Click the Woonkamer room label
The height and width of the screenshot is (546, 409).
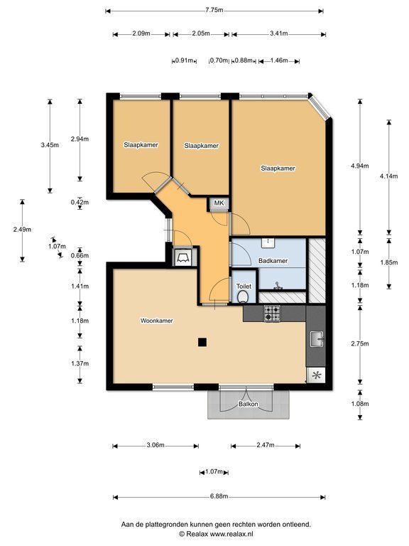tap(156, 321)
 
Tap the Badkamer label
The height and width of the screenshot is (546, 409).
tap(273, 261)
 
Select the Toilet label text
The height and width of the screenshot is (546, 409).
tap(244, 287)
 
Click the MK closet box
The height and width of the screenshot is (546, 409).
tap(219, 203)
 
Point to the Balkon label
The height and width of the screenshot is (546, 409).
tap(249, 405)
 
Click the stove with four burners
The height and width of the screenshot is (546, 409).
tap(272, 313)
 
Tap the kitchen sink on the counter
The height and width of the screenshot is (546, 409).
tap(317, 339)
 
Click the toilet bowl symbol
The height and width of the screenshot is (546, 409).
tap(243, 297)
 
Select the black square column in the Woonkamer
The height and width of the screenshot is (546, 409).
tap(202, 342)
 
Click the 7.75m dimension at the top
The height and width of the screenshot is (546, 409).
tap(214, 10)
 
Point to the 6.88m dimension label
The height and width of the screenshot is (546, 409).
tap(219, 496)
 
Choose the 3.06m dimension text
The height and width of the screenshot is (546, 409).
tap(156, 445)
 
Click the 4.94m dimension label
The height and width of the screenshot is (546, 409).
tap(360, 166)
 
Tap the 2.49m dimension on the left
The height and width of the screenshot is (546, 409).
tap(22, 230)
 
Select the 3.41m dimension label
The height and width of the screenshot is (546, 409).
tap(279, 34)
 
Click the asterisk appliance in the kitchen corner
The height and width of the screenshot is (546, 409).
tap(316, 375)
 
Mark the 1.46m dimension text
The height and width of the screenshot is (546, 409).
tap(279, 60)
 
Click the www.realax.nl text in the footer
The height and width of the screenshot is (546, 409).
tap(231, 534)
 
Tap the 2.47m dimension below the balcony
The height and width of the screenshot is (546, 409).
tap(266, 445)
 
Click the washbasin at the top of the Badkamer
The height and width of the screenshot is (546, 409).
tap(268, 242)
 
